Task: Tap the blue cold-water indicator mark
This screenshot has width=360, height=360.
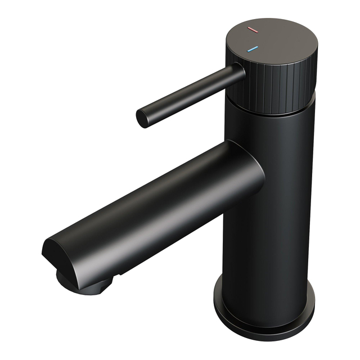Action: pos(253,49)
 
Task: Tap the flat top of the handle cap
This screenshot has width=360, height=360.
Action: pos(276,39)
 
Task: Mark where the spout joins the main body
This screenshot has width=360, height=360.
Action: pos(247,174)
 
